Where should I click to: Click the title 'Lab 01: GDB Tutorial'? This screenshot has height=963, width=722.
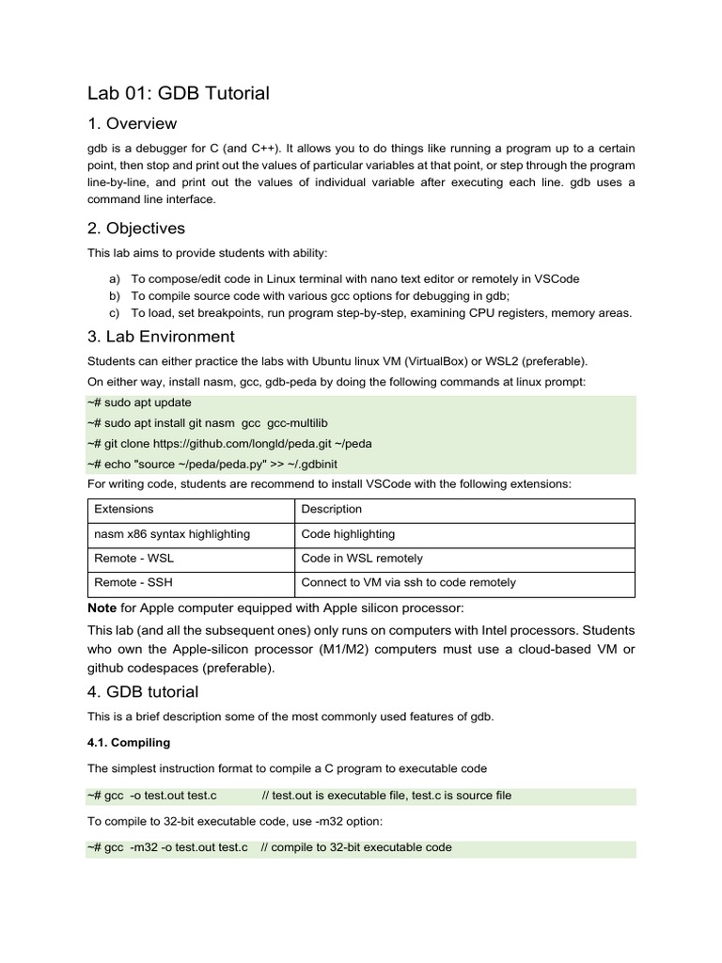pos(179,92)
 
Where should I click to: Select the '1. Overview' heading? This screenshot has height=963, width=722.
pos(132,124)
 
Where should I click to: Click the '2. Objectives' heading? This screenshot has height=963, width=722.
pos(136,229)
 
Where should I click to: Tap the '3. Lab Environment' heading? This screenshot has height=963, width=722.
pos(161,337)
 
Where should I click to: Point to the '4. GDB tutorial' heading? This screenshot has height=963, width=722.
pos(143,692)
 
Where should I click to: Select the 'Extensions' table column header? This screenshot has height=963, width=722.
pos(124,509)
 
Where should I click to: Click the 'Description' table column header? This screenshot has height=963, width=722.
pos(331,509)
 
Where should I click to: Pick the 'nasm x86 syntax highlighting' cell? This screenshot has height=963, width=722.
pos(172,533)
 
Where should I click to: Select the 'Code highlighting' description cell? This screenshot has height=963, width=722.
pos(348,533)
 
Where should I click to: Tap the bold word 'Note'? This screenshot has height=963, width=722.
pos(102,607)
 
